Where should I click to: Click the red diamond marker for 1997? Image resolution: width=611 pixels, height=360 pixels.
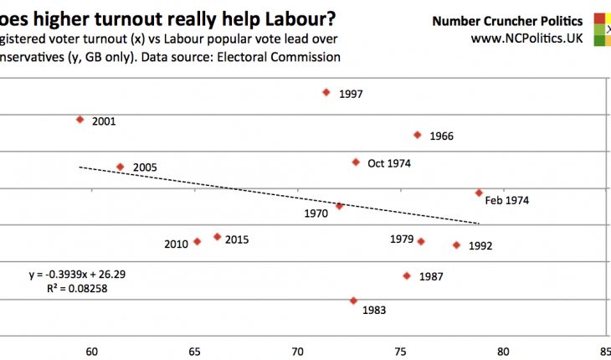click(x=326, y=92)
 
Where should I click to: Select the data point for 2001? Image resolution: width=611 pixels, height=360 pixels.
click(x=80, y=120)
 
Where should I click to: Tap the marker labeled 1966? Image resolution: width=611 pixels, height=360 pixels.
click(x=417, y=135)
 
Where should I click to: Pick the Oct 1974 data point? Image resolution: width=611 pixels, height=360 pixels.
click(x=356, y=162)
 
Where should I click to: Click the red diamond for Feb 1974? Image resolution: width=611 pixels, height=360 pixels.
click(x=479, y=193)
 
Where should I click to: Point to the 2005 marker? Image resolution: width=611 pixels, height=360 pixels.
click(x=120, y=167)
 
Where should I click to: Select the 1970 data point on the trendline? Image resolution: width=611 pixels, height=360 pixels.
click(x=339, y=206)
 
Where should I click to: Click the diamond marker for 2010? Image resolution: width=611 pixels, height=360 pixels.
click(x=197, y=241)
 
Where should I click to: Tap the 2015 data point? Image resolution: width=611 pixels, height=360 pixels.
click(x=217, y=237)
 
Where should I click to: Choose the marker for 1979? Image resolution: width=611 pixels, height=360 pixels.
click(x=421, y=241)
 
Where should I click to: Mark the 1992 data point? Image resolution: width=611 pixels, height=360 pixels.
click(x=456, y=245)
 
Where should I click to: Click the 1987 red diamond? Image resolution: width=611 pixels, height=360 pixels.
click(x=407, y=275)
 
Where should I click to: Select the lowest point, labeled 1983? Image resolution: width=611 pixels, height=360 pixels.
click(x=353, y=300)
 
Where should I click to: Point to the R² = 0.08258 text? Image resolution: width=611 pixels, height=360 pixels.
click(x=79, y=288)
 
